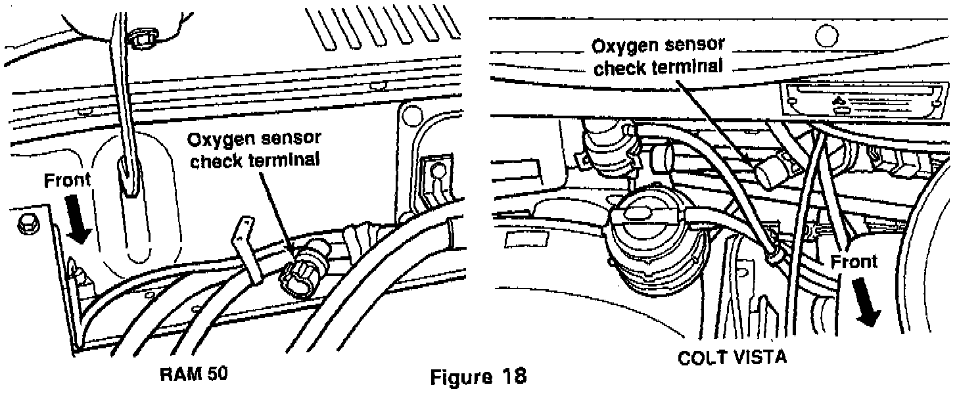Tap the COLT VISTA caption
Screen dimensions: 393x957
(x=731, y=358)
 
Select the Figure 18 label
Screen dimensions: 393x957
(x=478, y=378)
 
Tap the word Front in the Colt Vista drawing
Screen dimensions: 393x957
(x=853, y=262)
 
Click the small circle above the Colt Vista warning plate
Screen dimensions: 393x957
(x=826, y=34)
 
